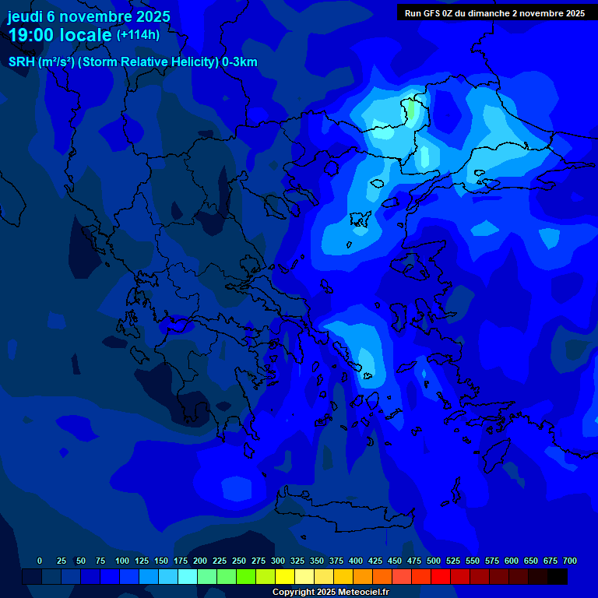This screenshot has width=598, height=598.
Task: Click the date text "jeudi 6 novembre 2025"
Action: (x=89, y=16)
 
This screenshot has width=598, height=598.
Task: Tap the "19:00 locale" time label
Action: (x=60, y=35)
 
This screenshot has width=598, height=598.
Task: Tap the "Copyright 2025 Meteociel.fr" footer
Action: (x=330, y=592)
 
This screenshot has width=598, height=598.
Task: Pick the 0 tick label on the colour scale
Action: (x=40, y=561)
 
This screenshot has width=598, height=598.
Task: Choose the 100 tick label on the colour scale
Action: (x=122, y=561)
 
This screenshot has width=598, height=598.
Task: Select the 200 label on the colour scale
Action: (x=200, y=561)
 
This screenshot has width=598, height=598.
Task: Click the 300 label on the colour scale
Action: (x=278, y=561)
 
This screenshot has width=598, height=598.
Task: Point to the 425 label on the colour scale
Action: (x=375, y=561)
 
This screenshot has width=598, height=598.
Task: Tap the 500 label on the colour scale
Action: (x=434, y=561)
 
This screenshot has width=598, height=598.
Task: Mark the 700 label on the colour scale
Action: (x=570, y=561)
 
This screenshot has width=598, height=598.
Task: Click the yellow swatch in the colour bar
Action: (x=285, y=576)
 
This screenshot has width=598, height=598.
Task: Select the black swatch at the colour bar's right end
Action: (x=558, y=576)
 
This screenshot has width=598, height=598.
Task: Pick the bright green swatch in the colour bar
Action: (x=246, y=576)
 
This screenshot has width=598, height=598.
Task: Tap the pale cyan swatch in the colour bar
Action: (x=188, y=576)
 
